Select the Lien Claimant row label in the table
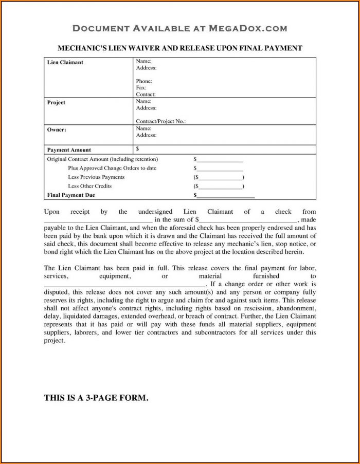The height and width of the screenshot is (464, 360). point(65,63)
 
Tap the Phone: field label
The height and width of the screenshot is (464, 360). point(143,81)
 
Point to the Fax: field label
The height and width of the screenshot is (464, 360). point(141,88)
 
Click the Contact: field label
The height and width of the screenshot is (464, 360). point(146,95)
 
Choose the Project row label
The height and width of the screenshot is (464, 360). point(57,102)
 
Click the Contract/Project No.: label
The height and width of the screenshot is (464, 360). point(160,121)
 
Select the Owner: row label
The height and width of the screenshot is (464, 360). point(57,129)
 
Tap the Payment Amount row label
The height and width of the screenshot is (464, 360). point(69,150)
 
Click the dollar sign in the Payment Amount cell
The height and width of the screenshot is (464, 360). point(138,149)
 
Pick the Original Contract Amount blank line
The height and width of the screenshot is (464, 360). point(220,160)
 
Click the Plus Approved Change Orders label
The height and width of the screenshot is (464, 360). point(112,168)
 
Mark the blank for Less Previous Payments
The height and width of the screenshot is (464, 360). point(220,178)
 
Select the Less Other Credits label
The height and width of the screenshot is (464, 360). point(89,186)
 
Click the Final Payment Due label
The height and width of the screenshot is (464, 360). point(71,195)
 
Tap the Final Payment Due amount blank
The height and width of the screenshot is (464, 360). point(225,196)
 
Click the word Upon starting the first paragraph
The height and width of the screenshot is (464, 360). point(51,211)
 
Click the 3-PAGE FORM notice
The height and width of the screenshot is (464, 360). point(96,397)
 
